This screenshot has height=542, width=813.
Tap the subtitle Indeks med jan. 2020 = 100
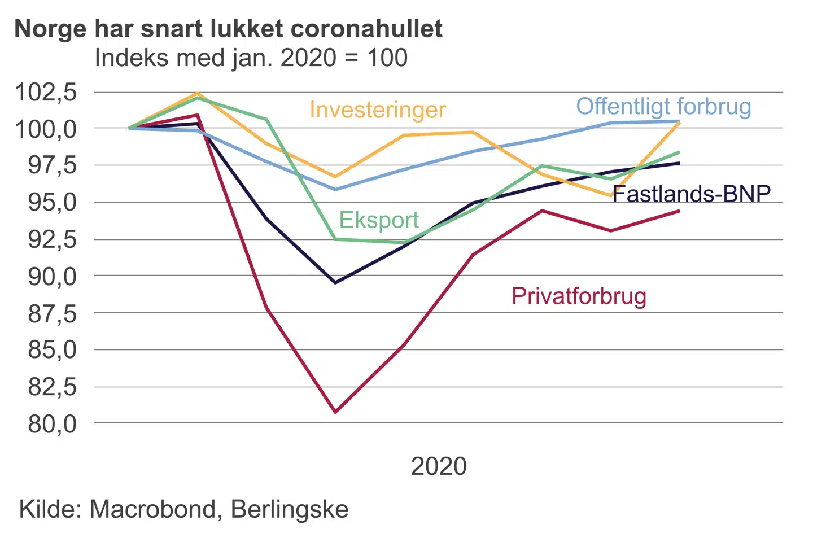tap(251, 58)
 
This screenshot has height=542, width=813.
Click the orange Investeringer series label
tap(378, 110)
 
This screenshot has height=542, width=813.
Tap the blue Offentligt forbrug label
tap(663, 107)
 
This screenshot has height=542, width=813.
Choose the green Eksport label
tap(379, 220)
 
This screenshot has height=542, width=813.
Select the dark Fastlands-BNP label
tap(692, 194)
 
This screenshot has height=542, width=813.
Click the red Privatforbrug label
tap(579, 296)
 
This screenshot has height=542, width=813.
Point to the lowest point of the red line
tap(335, 412)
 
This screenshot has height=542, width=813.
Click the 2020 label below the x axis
tap(439, 466)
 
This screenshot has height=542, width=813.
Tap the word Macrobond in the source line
tap(152, 509)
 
